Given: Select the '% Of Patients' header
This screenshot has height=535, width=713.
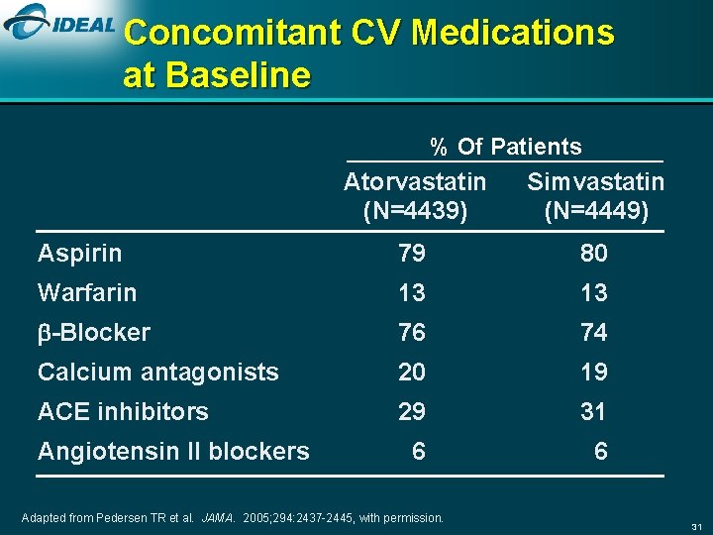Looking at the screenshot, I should [505, 147].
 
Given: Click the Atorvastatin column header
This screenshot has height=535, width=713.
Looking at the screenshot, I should [415, 182].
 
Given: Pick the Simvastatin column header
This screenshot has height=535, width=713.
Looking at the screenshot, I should [595, 182].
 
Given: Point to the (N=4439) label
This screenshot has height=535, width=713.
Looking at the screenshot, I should [415, 210].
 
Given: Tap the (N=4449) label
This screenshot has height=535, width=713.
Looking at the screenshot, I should [596, 210].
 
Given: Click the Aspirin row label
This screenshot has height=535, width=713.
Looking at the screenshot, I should [79, 254].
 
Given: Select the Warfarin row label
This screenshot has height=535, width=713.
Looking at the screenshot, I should [87, 293].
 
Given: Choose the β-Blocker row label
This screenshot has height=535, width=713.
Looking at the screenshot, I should [94, 333].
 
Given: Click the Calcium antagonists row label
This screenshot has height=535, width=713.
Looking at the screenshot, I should [157, 373].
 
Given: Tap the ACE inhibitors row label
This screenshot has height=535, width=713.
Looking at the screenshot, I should [123, 412].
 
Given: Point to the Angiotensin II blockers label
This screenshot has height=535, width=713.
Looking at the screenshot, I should [173, 452].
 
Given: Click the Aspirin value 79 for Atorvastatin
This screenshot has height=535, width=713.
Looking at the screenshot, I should [412, 254].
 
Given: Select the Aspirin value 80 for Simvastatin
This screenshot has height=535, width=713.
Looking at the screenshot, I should [594, 254].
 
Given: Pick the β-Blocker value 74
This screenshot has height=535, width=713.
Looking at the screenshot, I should [594, 333].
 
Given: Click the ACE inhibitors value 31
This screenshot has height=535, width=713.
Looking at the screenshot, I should [594, 412].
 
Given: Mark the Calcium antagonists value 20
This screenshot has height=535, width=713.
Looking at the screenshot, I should [412, 373].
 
